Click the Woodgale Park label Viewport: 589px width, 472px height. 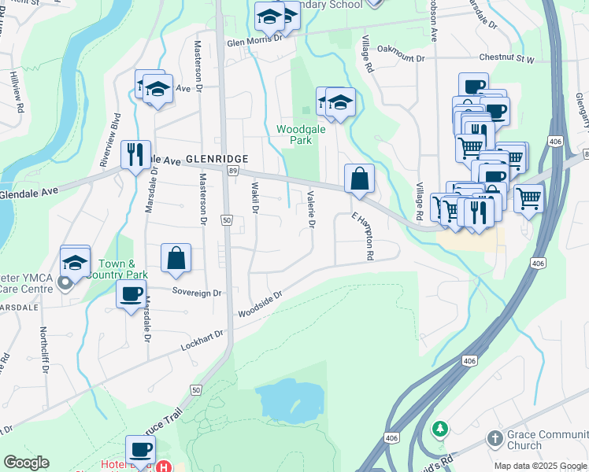pyautogui.click(x=294, y=134)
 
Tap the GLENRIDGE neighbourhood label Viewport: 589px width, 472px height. pyautogui.click(x=217, y=158)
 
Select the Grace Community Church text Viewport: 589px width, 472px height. pyautogui.click(x=535, y=440)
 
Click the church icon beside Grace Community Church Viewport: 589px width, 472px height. pyautogui.click(x=495, y=437)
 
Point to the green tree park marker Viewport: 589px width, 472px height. pyautogui.click(x=441, y=429)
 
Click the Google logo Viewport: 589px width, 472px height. pyautogui.click(x=26, y=463)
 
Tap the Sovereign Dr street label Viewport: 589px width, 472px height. pyautogui.click(x=198, y=292)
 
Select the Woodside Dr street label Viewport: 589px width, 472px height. pyautogui.click(x=260, y=308)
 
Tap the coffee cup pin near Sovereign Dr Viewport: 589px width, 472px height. pyautogui.click(x=131, y=295)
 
